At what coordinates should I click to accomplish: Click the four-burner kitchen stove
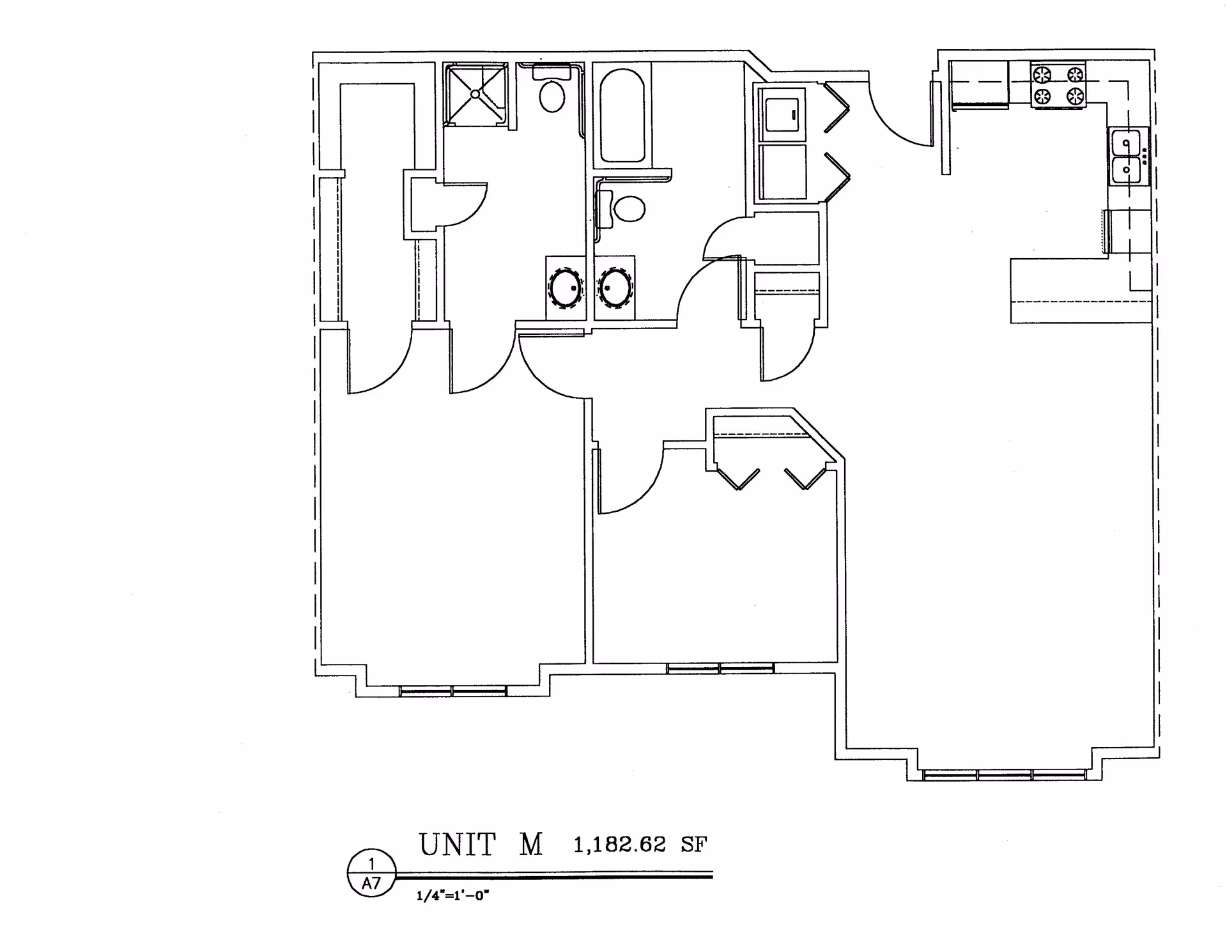click(x=1058, y=86)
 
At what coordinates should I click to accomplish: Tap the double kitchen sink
click(x=1128, y=157)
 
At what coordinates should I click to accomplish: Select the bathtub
click(x=622, y=116)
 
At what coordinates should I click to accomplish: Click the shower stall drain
click(x=475, y=94)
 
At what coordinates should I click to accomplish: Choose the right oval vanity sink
click(x=615, y=288)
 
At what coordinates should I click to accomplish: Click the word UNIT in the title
click(x=457, y=845)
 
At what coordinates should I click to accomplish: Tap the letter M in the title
click(x=530, y=845)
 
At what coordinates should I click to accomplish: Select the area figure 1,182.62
click(x=619, y=845)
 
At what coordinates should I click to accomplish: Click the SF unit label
click(x=693, y=845)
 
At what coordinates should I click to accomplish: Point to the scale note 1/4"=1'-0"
click(x=452, y=896)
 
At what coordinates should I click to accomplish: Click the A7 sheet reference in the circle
click(x=371, y=884)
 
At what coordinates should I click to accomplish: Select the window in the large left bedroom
click(x=452, y=691)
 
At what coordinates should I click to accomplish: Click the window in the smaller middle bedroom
click(x=720, y=668)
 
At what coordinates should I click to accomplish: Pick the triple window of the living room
click(x=1004, y=775)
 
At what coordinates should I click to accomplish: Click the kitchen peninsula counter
click(x=1080, y=291)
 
